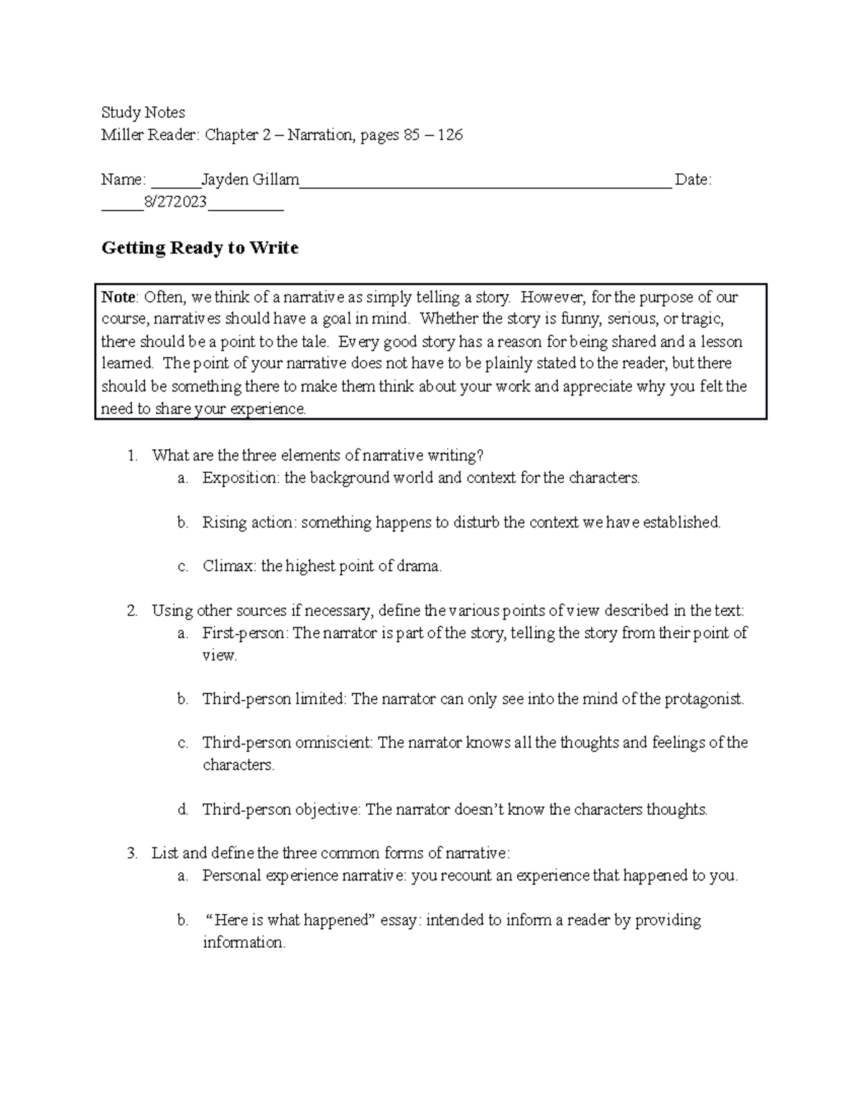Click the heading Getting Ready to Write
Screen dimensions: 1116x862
[200, 249]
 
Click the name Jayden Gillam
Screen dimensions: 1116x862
[250, 180]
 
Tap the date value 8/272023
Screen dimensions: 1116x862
[175, 203]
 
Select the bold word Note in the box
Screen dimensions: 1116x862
[118, 298]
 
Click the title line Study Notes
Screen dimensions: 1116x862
[143, 113]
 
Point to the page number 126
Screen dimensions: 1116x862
[450, 135]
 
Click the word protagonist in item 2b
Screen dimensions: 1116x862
[703, 699]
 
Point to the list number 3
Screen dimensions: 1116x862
[131, 854]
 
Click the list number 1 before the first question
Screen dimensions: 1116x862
[131, 456]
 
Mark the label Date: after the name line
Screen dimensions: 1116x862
[693, 180]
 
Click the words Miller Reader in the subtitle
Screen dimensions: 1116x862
[152, 135]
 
